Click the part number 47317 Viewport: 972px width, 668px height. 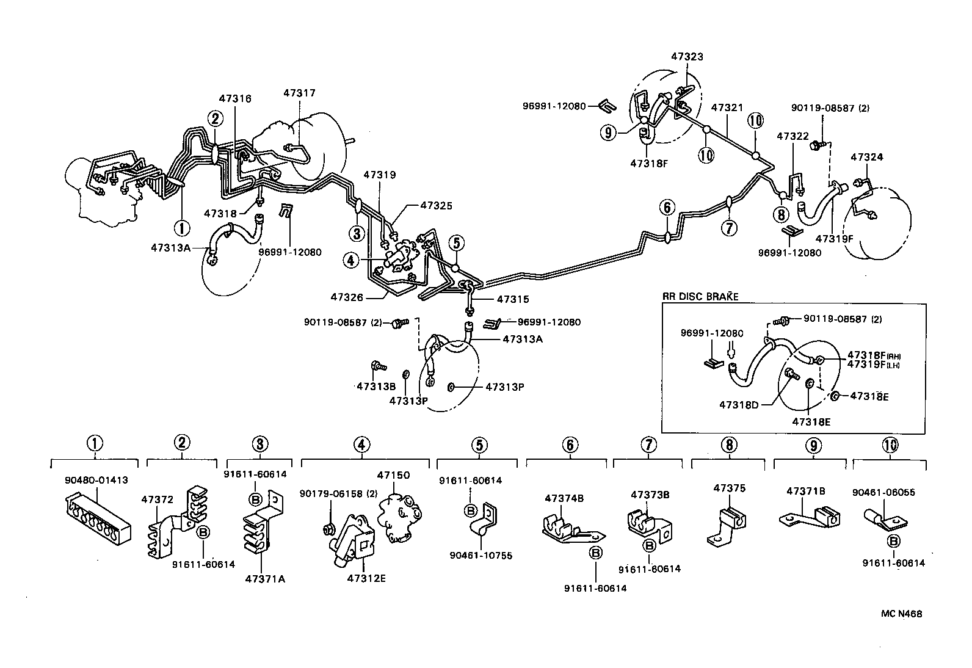point(299,93)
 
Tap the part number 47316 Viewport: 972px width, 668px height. point(235,98)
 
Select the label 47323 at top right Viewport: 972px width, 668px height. point(687,57)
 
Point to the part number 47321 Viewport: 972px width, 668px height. point(727,107)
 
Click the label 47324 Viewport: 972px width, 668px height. point(866,157)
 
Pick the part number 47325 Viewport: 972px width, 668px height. point(436,206)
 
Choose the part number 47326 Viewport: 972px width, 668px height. point(347,297)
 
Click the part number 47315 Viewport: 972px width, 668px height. point(513,299)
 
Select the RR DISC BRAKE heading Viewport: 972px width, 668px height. point(700,297)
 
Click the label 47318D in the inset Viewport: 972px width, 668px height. point(739,404)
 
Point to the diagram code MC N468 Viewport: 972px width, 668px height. point(901,614)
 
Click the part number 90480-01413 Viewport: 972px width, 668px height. point(96,480)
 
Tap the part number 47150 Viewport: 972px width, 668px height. point(393,475)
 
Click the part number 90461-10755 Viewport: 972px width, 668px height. point(481,556)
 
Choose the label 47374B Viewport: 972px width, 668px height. point(564,498)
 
